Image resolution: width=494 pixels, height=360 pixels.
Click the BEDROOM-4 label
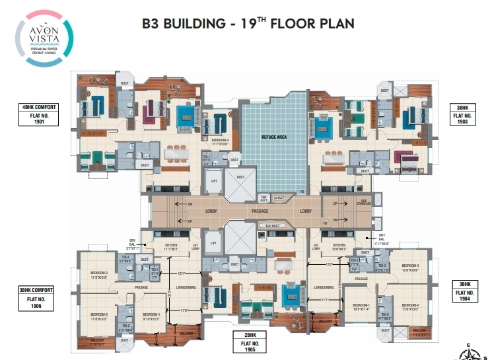(x=221, y=140)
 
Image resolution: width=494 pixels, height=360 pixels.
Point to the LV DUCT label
(x=278, y=198)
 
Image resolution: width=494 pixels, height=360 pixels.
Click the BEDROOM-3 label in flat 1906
(x=98, y=273)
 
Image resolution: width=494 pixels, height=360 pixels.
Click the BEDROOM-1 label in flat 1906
(x=151, y=314)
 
